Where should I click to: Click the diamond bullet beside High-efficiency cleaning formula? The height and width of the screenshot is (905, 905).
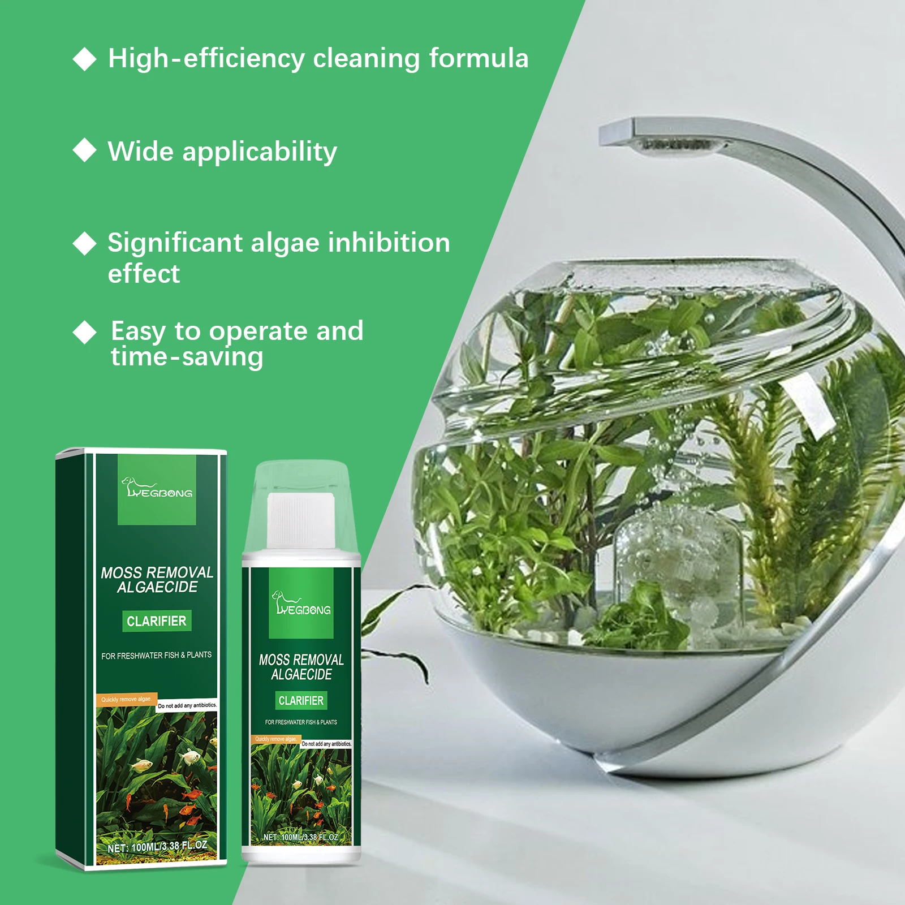coord(85,59)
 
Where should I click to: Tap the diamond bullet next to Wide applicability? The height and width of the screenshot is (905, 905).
coord(85,150)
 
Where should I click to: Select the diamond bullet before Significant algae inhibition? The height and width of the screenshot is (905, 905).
coord(85,243)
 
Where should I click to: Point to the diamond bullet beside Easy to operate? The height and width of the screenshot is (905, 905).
coord(85,332)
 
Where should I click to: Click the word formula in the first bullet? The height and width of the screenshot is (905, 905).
coord(479,58)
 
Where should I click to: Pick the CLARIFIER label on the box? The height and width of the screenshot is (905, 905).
coord(157,621)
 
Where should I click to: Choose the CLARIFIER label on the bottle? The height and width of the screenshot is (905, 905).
coord(301,701)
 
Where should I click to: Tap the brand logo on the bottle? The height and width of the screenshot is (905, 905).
coord(301,604)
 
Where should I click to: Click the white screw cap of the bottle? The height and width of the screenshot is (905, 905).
coord(301,520)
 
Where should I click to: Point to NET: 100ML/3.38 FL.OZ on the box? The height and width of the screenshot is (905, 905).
coord(157,847)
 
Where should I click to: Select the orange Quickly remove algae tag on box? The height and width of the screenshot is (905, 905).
coord(126,700)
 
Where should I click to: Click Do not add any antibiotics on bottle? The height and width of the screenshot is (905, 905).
coord(326,744)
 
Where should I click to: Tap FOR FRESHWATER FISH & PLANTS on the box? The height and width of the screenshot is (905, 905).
coord(157,656)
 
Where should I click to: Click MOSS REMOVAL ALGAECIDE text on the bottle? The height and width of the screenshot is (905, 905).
coord(301,667)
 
